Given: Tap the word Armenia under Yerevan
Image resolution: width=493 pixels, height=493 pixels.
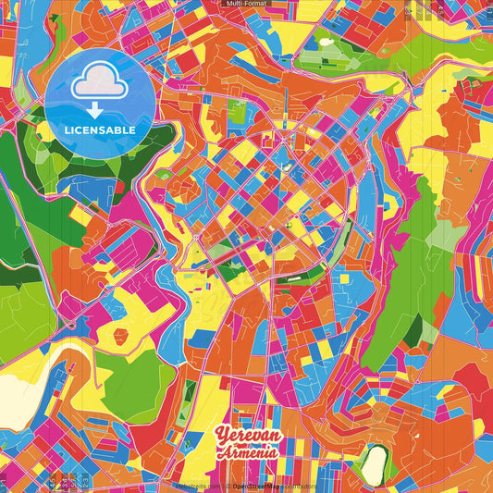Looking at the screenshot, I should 248,451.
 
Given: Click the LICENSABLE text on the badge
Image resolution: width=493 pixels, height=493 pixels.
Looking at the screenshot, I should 100,130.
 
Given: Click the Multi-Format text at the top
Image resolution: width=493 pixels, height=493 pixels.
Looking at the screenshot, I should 246,5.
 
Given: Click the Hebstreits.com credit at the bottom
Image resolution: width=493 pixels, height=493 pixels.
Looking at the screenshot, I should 198,486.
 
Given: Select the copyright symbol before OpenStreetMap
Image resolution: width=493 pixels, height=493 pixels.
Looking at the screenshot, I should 230,486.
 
